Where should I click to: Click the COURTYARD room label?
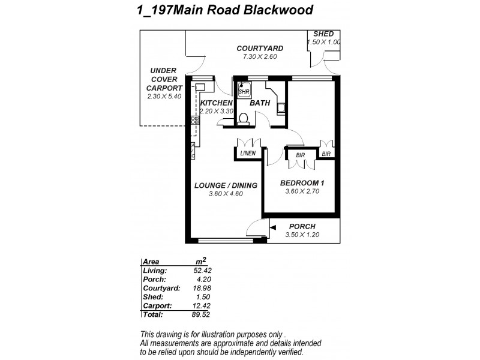tap(260, 49)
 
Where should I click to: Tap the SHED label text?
tap(323, 34)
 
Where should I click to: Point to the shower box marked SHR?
tap(244, 91)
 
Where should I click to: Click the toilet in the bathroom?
tap(244, 119)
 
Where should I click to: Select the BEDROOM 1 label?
tap(303, 183)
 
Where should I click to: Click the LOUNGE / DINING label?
tap(225, 185)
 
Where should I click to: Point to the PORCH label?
tap(302, 226)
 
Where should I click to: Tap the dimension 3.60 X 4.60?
tap(225, 194)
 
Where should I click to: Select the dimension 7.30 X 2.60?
tap(259, 56)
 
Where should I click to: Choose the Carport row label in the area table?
tap(157, 305)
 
